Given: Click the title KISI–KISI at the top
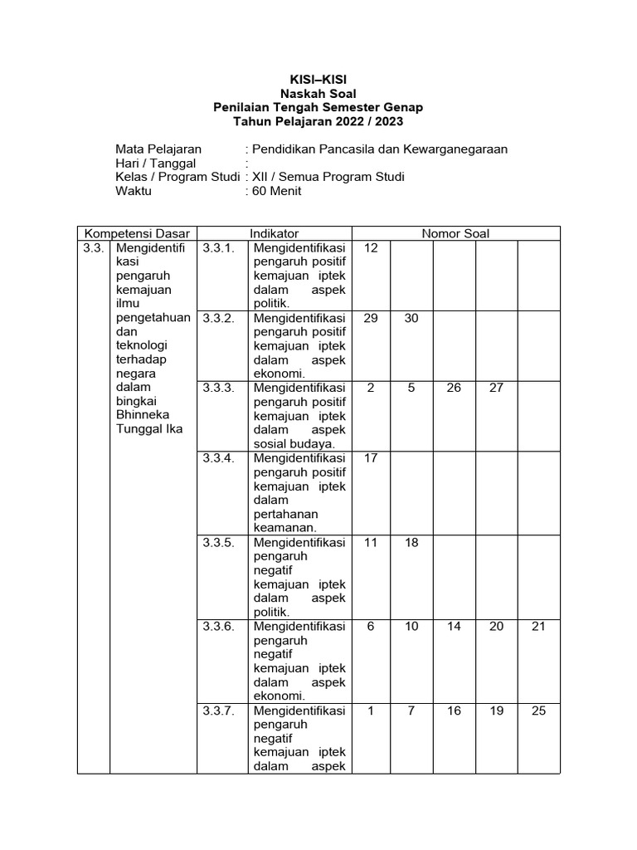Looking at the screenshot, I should coord(318,80).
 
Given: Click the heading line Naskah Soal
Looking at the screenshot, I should coord(318,94).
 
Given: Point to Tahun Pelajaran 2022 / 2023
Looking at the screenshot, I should coord(318,121).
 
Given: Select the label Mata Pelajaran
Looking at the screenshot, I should coord(158,149).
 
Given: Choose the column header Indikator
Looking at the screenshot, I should coord(274,233).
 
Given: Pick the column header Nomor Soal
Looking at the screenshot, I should coord(455,233).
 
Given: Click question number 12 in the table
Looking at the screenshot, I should coord(371,247).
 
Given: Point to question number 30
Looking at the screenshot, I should coord(412,318).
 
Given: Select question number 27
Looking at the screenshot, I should coord(496,388).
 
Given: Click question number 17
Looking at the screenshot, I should coord(371,458).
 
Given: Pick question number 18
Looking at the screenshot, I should coord(412,542).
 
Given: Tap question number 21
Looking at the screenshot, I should coord(538,627).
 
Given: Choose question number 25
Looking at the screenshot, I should coord(538,711).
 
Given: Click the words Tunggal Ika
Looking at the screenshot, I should coord(150,428).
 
